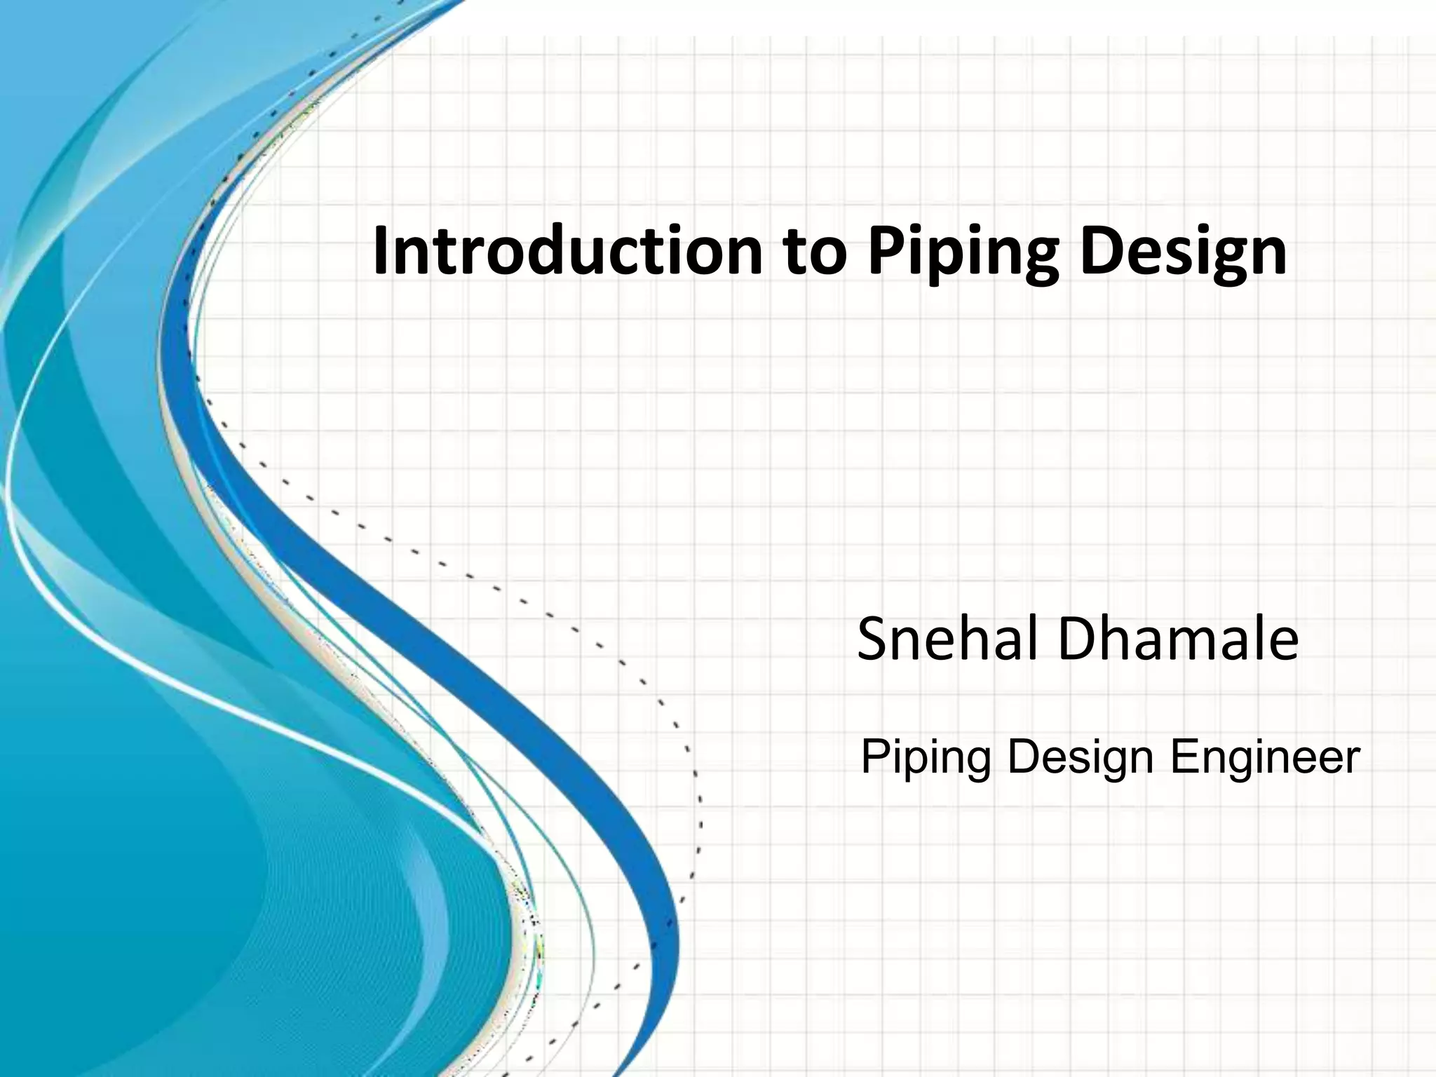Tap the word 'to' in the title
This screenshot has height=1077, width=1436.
(813, 252)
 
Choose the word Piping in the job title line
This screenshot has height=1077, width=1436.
(926, 759)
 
